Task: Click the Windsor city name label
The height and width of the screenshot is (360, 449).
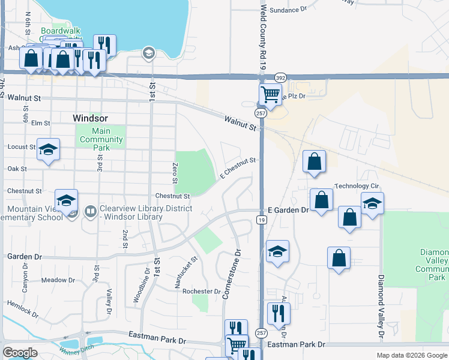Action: (x=90, y=118)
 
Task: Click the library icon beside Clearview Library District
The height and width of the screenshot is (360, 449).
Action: (x=91, y=211)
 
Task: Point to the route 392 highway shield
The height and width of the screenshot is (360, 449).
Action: (x=280, y=78)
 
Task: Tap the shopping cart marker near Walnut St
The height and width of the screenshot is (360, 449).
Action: (x=270, y=94)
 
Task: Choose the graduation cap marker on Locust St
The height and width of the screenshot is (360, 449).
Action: (x=48, y=149)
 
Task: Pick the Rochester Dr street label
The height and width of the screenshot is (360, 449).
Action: (x=201, y=292)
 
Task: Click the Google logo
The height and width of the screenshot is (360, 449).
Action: (x=20, y=353)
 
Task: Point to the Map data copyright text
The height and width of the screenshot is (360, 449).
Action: (x=411, y=355)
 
